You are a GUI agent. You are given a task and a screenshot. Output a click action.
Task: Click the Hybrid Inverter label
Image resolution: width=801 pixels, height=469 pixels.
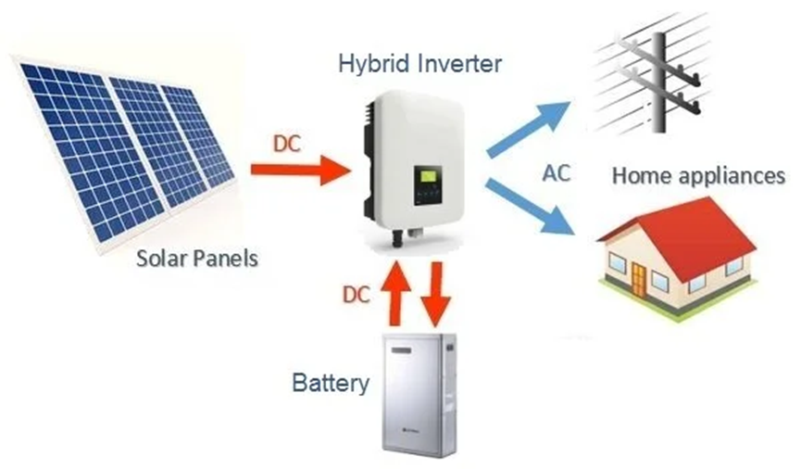(x=419, y=63)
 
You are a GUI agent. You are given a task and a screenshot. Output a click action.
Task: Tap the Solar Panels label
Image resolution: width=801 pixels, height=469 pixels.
(x=196, y=257)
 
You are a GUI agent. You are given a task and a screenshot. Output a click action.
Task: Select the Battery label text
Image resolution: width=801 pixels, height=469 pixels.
(x=331, y=382)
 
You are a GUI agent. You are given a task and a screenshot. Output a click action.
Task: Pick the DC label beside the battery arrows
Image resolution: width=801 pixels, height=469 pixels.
(x=357, y=295)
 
